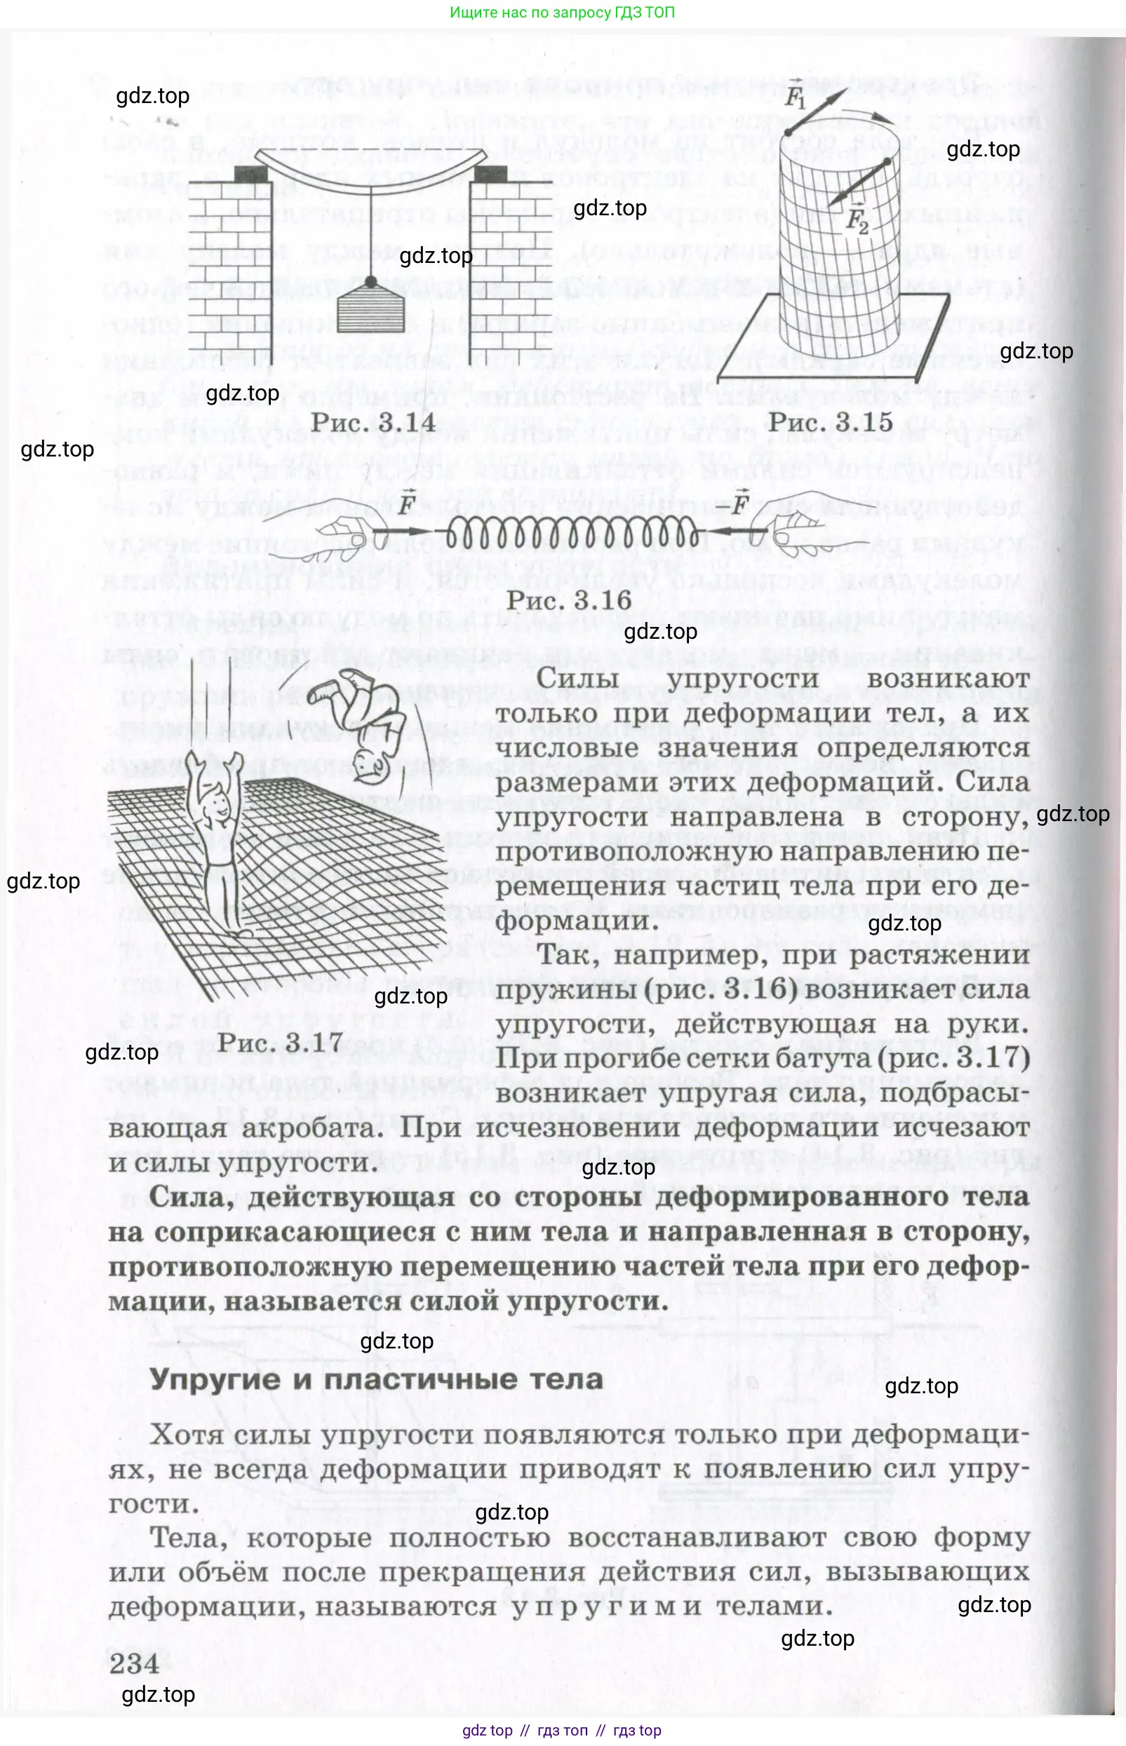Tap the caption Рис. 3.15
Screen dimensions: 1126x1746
click(831, 421)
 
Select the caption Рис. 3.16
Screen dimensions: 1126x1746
click(569, 600)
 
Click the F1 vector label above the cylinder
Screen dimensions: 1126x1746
click(795, 93)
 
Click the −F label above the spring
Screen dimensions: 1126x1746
click(735, 502)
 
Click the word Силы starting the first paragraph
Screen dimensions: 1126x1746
click(577, 677)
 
